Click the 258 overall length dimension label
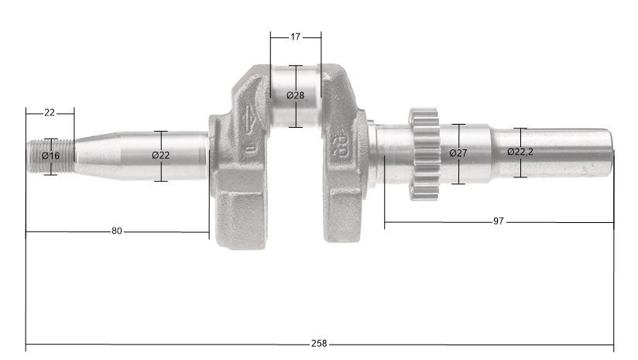pos(319,344)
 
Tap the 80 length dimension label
pos(116,231)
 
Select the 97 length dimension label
pos(499,221)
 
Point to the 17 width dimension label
pos(296,36)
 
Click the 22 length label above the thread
pos(50,112)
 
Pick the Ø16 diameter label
pos(50,156)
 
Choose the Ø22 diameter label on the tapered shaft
pos(161,155)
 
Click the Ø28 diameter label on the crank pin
pos(296,95)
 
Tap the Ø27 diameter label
pos(458,153)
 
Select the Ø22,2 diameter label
pos(520,152)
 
